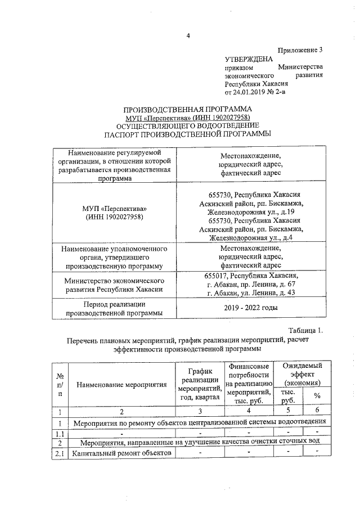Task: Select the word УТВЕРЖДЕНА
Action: point(249,59)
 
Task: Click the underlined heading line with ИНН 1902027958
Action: point(188,118)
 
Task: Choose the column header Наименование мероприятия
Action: point(122,385)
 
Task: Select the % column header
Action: point(317,396)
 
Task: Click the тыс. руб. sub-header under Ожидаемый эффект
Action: point(288,396)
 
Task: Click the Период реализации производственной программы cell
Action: point(114,308)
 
